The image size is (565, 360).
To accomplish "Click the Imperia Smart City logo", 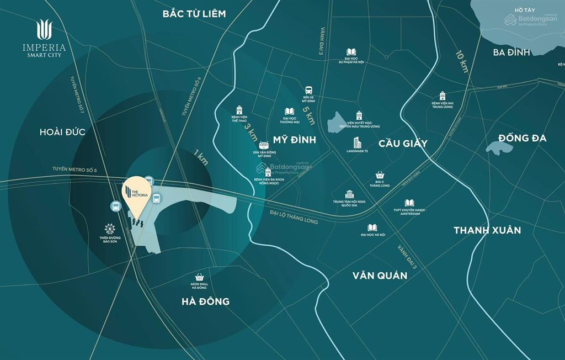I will coord(44,38).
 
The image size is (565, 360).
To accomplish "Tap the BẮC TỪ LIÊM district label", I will coord(194,14).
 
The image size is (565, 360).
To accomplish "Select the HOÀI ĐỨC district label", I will coord(63,132).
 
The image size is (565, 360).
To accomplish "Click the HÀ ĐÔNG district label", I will coord(205,301).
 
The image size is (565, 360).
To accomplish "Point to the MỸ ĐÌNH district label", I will coord(295,140).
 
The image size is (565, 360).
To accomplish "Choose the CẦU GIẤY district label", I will coord(403,144).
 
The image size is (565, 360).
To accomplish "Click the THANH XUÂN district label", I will coord(487,230).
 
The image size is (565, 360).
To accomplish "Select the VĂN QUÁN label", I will coord(380,275).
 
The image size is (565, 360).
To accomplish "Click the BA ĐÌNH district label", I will coord(511,52).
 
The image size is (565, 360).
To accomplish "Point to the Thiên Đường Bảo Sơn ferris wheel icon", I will coord(110,228).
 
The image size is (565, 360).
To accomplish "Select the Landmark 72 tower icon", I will coord(357,143).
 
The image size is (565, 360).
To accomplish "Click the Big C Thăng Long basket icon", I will coord(379,174).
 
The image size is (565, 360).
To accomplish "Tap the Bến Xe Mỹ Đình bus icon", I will coord(308,90).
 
